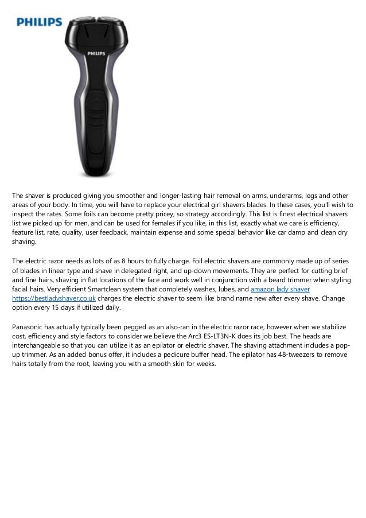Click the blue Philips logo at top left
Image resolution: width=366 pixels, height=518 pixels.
(39, 22)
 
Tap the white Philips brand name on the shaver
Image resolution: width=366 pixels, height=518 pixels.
(95, 53)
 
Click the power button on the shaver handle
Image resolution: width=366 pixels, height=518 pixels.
(96, 99)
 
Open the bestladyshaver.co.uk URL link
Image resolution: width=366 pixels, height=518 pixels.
(54, 299)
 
